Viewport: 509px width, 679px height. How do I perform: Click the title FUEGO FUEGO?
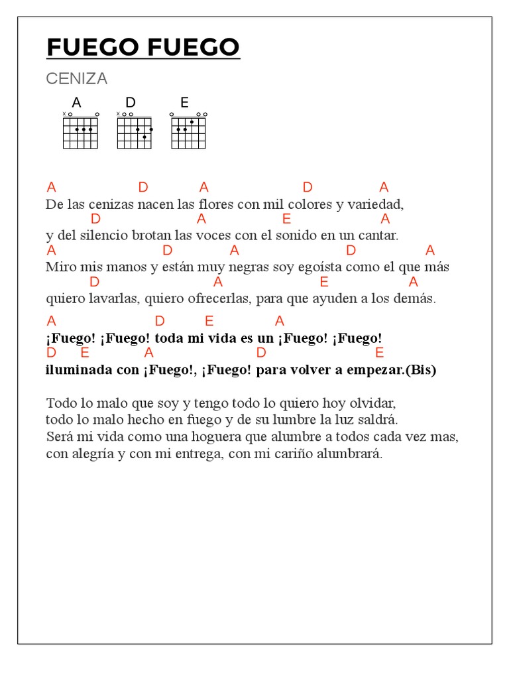(143, 48)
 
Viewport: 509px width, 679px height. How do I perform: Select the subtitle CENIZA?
(76, 79)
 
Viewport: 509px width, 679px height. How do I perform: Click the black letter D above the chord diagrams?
(131, 102)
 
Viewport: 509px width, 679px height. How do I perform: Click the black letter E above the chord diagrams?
(184, 102)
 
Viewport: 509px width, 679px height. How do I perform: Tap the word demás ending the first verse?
(416, 299)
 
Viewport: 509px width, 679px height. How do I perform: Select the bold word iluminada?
(80, 370)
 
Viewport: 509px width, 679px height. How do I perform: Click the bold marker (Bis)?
(420, 370)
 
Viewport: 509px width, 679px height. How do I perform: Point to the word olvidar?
(372, 403)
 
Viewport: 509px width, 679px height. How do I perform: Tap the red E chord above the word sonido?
(286, 219)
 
